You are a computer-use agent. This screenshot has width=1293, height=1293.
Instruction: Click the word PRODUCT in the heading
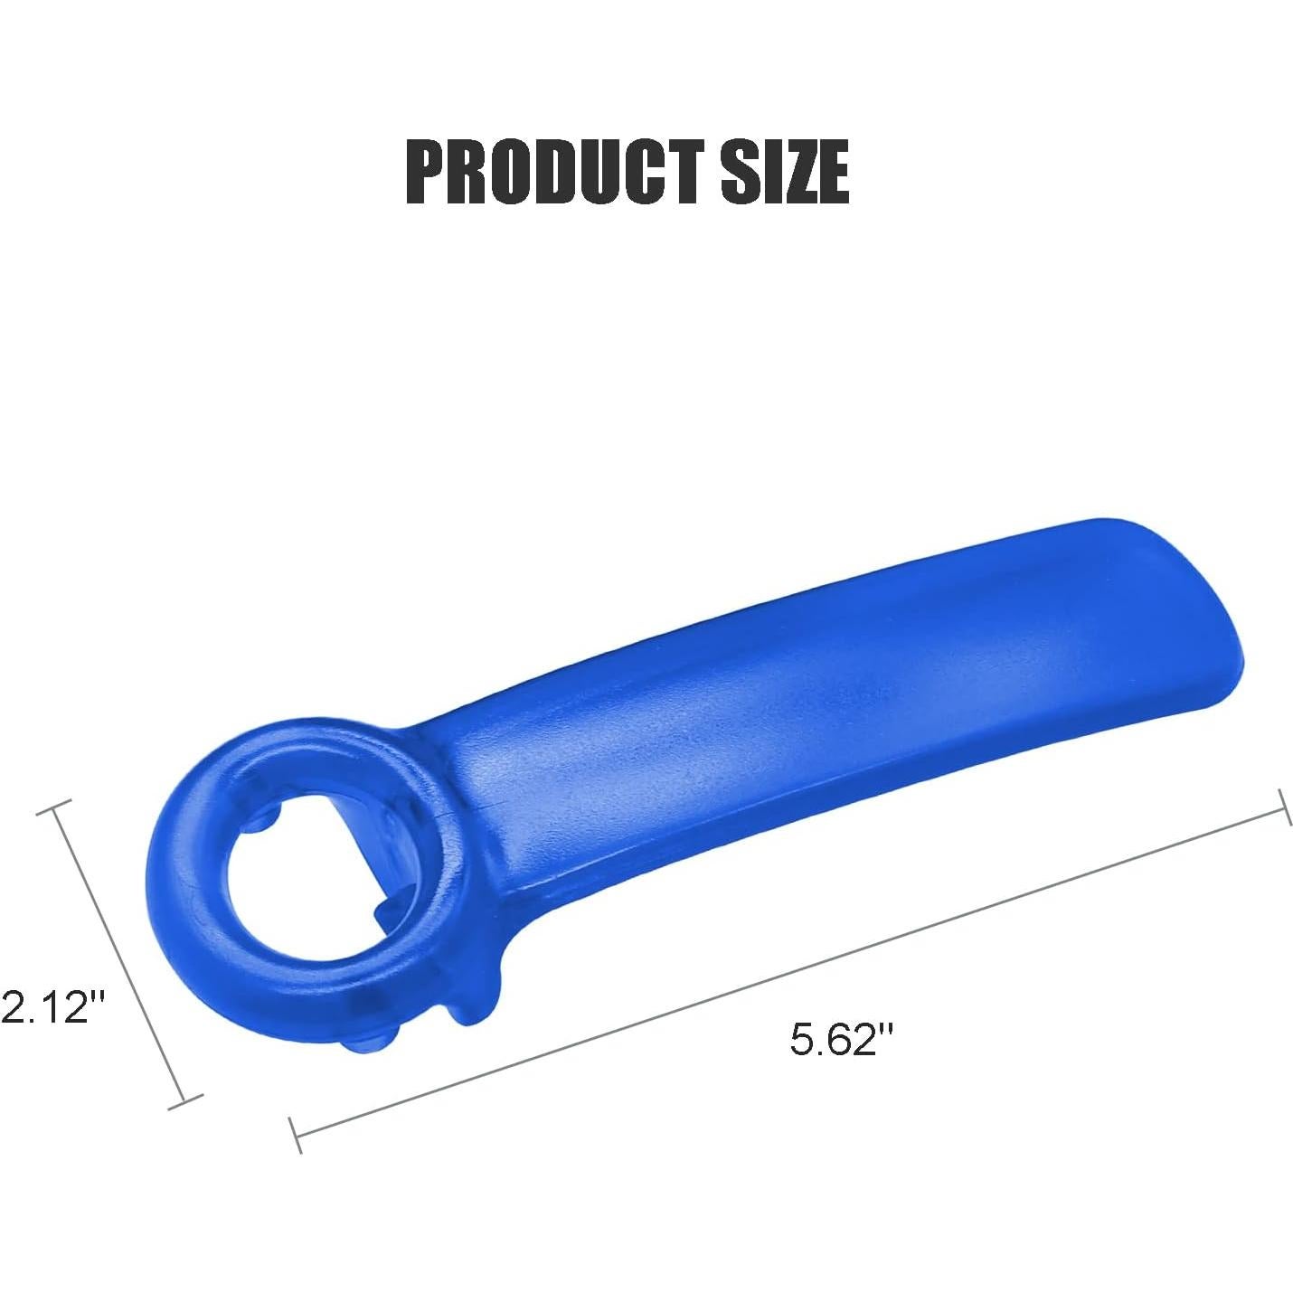tap(553, 171)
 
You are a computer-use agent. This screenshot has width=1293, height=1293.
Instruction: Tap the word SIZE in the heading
tap(784, 171)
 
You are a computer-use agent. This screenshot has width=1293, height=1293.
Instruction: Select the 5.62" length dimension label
tap(841, 1038)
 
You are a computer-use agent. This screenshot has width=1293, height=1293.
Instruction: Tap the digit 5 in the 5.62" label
tap(802, 1038)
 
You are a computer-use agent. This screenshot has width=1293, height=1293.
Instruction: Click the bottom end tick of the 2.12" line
tap(185, 1101)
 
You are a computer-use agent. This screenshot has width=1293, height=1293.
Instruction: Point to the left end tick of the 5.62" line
tap(295, 1134)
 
